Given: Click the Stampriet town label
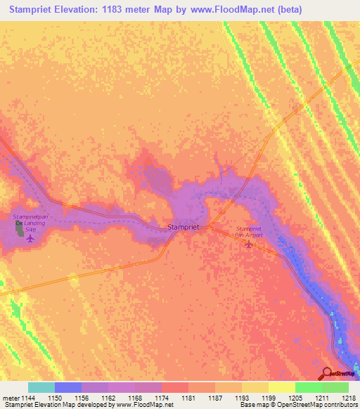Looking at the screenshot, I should point(184,227).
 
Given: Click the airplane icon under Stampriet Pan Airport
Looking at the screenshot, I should point(247,245).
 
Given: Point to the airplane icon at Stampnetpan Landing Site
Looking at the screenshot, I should point(30,238).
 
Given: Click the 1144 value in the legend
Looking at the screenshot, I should point(27,398).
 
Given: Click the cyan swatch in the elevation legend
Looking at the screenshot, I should point(41,387).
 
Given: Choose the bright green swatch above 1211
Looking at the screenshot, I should point(309,387).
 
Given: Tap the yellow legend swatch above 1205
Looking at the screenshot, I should point(282,387).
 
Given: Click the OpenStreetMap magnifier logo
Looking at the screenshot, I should point(328,373).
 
